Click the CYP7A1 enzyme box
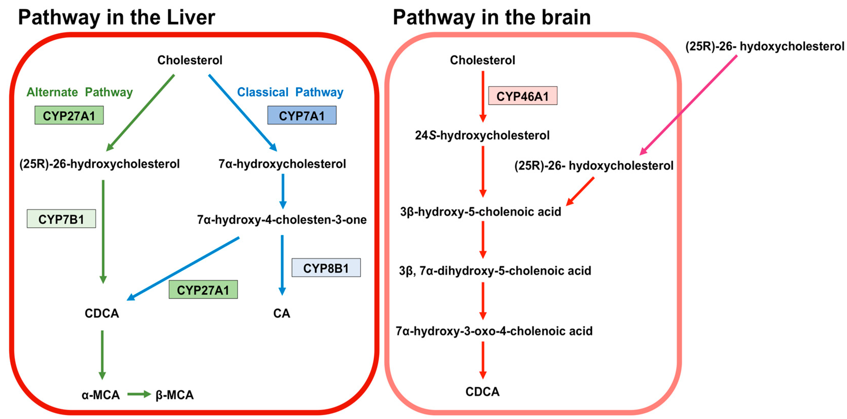coord(302,115)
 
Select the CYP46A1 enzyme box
coord(523,96)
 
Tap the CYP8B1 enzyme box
coord(326,268)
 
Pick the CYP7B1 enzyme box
coord(61,219)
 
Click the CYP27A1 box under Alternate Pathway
coord(69,115)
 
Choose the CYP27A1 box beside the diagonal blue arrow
coord(203,290)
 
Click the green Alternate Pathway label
coord(79,92)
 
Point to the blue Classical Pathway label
coord(290,92)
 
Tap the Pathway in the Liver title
coord(117,17)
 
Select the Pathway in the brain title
coord(492,17)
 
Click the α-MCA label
coord(101,395)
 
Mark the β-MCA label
coord(174,395)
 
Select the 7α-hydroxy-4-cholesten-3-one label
coord(282,220)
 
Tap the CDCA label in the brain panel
coord(483,392)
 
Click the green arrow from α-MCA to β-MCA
coord(139,394)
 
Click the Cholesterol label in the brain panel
coord(482,60)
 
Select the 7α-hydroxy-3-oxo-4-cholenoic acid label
coord(494,331)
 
